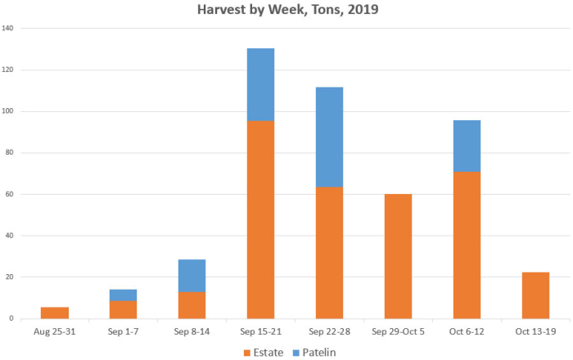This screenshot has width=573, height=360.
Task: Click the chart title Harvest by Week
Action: pos(286,11)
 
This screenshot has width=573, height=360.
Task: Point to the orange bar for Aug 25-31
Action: pos(55,313)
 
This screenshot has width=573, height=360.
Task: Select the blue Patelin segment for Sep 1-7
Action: pos(124,295)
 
